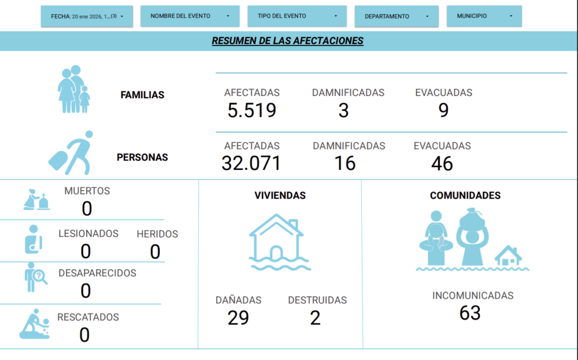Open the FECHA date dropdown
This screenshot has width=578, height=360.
point(86,16)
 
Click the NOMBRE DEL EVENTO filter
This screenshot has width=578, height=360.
point(190,16)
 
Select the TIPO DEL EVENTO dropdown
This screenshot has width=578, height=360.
point(297,16)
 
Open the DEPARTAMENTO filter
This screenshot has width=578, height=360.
point(396,16)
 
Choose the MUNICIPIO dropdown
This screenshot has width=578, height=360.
point(484,16)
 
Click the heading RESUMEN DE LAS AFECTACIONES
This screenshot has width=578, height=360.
point(287,41)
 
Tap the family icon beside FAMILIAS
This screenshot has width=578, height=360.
point(74,89)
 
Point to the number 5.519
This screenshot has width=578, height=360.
point(252,110)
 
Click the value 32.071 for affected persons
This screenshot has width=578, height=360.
point(251,163)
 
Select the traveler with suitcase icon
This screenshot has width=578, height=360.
point(71,152)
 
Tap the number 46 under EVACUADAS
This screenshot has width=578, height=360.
point(442,163)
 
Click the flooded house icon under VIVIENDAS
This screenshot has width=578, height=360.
point(280,242)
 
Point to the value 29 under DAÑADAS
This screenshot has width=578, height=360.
point(238,318)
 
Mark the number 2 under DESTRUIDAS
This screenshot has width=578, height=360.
point(315,318)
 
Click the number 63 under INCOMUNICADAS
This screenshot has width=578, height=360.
point(470,313)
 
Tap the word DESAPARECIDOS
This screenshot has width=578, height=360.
point(97,273)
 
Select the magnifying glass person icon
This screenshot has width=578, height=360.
point(36,277)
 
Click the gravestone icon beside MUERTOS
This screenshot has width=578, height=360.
point(37,200)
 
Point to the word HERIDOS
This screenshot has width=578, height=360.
point(157,234)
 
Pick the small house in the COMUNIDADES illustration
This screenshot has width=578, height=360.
point(509,256)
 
